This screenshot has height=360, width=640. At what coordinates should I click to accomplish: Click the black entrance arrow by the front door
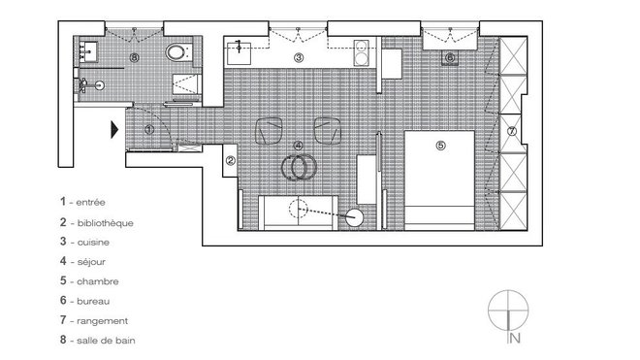[x=115, y=127]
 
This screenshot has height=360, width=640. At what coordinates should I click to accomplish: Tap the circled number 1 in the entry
[x=148, y=127]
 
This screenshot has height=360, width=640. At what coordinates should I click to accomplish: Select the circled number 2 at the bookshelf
[x=230, y=161]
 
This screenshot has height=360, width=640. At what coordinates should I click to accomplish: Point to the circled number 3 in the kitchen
[x=299, y=59]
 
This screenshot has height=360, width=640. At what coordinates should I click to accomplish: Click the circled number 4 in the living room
[x=298, y=146]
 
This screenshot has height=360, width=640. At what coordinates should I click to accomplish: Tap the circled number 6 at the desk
[x=450, y=58]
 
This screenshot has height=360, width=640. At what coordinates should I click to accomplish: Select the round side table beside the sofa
[x=356, y=218]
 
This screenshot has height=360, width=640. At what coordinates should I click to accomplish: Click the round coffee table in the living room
[x=297, y=167]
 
